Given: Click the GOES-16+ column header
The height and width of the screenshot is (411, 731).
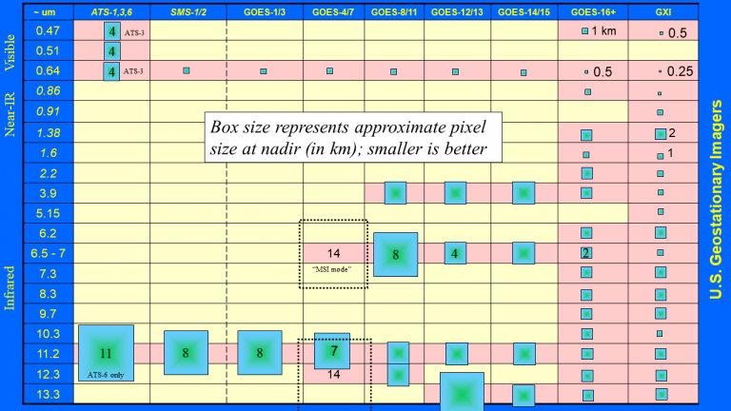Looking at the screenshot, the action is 593,12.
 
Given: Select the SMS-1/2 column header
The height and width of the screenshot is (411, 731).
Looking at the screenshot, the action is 188,12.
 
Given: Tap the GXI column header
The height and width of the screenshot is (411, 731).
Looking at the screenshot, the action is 662,12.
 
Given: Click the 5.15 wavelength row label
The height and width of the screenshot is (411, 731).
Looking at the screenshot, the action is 48,213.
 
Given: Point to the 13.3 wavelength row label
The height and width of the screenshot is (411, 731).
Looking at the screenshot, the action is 48,394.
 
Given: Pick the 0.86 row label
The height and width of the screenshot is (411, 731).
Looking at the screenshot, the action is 48,90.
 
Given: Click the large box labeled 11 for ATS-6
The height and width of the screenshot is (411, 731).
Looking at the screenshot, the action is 107,353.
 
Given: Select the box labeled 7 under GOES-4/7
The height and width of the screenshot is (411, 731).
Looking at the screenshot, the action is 332,351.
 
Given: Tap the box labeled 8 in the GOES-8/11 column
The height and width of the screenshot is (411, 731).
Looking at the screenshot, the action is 395,254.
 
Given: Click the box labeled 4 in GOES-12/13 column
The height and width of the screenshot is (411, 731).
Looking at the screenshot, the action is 455,253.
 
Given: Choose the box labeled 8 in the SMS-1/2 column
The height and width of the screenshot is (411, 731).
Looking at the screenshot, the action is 186,353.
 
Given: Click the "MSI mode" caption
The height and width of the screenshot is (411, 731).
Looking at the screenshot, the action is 331,269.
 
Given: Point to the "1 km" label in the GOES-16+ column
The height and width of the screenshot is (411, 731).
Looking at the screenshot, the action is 603,31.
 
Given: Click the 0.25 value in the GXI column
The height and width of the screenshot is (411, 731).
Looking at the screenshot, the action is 681,71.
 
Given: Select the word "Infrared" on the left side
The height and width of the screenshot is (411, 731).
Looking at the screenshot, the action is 10,288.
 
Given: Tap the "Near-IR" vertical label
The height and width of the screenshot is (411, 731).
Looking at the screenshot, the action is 10,114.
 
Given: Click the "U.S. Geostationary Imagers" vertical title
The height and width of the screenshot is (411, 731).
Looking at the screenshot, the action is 715,200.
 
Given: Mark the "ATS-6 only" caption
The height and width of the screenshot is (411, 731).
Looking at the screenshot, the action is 106,375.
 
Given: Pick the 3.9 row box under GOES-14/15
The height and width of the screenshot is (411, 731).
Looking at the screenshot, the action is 524,193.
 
